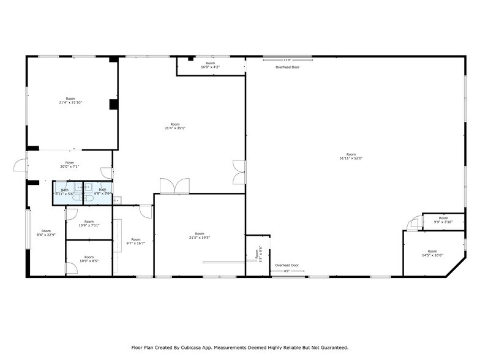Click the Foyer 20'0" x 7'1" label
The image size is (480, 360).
click(x=70, y=165)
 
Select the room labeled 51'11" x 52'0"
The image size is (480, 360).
click(x=350, y=156)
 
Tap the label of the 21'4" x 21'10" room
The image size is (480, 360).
click(x=70, y=100)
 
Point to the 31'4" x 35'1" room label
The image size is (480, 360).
click(x=175, y=126)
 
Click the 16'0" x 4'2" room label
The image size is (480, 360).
click(x=211, y=65)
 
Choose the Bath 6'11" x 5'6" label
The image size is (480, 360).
click(x=64, y=192)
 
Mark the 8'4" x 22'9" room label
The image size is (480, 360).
click(x=46, y=232)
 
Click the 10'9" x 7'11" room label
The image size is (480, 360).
click(x=89, y=223)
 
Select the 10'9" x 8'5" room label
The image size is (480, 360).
click(x=89, y=259)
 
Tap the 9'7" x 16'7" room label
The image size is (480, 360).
click(x=135, y=241)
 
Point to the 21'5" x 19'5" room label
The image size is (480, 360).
click(x=200, y=235)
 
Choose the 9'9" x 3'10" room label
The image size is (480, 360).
click(x=443, y=220)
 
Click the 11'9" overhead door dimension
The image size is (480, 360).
click(x=287, y=60)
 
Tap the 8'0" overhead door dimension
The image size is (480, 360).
click(x=287, y=271)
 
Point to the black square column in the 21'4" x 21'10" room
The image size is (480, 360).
click(x=113, y=104)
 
